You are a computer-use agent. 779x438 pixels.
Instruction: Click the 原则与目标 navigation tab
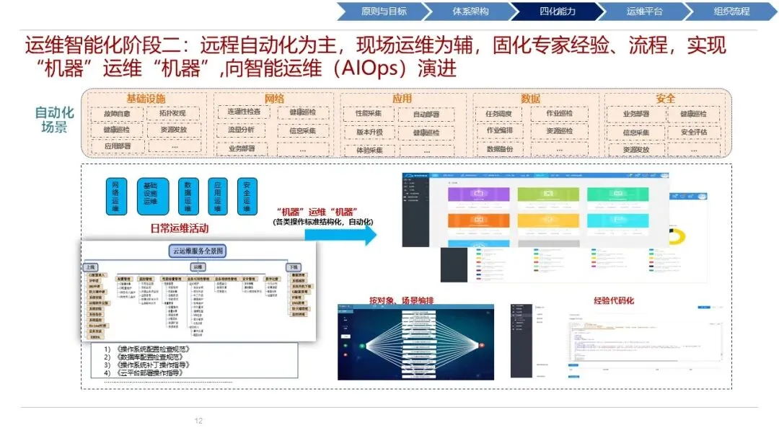pyautogui.click(x=384, y=12)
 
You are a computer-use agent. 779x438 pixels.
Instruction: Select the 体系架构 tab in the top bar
pyautogui.click(x=470, y=12)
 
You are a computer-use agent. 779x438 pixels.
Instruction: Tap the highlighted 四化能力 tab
pyautogui.click(x=557, y=12)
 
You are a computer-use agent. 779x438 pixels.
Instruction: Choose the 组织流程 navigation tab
pyautogui.click(x=731, y=12)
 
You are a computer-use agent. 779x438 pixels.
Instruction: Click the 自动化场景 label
pyautogui.click(x=55, y=120)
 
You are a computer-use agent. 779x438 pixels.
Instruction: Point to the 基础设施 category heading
pyautogui.click(x=146, y=99)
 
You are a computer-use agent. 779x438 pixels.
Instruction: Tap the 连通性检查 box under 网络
pyautogui.click(x=244, y=112)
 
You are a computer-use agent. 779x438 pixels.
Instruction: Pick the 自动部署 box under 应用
pyautogui.click(x=426, y=115)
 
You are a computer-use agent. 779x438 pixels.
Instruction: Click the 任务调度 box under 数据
pyautogui.click(x=499, y=114)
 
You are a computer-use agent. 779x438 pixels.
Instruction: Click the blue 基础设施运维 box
pyautogui.click(x=153, y=196)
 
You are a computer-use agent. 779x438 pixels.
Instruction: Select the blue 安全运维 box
pyautogui.click(x=247, y=196)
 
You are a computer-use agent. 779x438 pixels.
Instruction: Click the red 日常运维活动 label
pyautogui.click(x=177, y=228)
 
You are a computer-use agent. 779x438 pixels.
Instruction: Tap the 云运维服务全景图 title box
pyautogui.click(x=198, y=251)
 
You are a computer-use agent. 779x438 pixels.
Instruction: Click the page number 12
pyautogui.click(x=199, y=421)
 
